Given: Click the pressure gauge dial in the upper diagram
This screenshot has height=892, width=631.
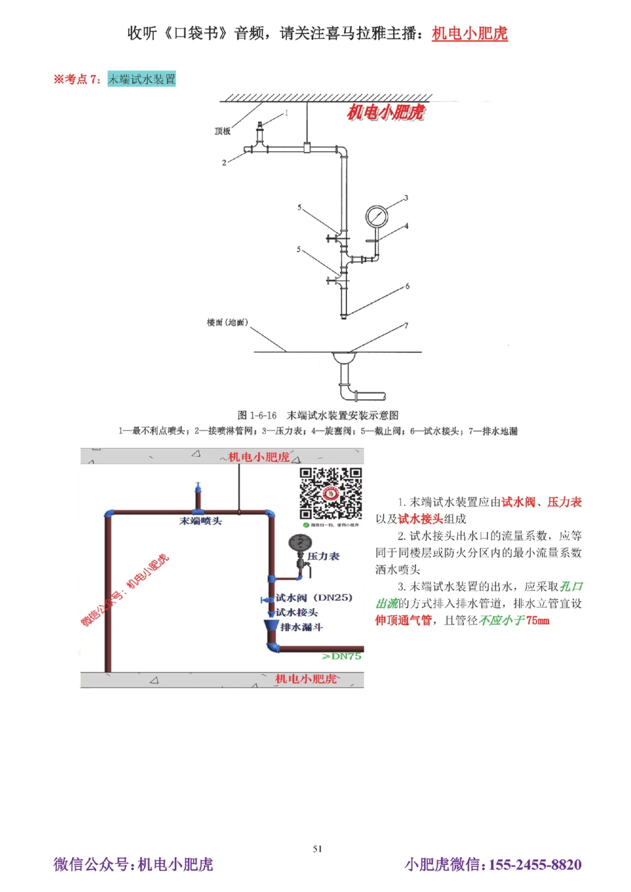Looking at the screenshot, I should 377,216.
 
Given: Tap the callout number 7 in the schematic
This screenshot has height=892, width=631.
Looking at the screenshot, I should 406,326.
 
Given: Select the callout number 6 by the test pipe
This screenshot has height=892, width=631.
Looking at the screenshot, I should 408,286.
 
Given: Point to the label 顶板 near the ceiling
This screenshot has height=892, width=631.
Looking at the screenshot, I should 223,131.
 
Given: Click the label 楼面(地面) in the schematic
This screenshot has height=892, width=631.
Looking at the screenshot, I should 227,323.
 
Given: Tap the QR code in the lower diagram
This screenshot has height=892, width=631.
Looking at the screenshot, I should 330,494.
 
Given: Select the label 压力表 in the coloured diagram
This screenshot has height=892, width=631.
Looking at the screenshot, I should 323,556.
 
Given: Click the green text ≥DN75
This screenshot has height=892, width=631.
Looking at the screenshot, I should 341,656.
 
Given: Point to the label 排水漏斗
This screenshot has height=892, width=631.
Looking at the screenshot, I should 301,627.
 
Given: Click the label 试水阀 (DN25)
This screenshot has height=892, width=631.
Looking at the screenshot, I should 314,598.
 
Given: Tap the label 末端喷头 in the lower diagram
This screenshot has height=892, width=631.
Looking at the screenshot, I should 201,521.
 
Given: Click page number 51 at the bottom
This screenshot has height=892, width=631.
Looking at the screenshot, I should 317,849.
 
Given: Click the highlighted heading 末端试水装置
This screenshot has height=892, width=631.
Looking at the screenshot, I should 141,79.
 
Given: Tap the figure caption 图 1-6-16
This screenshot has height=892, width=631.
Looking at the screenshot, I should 257,415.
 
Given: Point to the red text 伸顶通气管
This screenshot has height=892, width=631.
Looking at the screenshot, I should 403,620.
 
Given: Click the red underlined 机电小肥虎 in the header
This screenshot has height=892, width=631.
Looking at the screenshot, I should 469,33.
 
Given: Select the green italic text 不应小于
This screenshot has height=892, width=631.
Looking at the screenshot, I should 502,620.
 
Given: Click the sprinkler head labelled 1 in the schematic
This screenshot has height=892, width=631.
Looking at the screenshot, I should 258,134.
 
